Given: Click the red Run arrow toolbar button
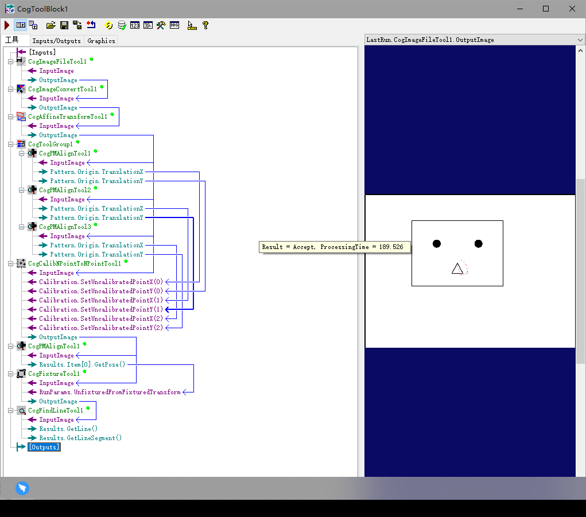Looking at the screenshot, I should click(x=7, y=25).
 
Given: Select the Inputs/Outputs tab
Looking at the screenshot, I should click(x=56, y=41).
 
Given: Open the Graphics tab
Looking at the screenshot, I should click(x=101, y=41).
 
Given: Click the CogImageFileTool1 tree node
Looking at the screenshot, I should click(x=57, y=61).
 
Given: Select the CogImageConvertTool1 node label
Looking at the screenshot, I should click(x=62, y=89).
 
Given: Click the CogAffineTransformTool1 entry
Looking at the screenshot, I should click(x=67, y=116).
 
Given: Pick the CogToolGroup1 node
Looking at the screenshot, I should click(x=51, y=144).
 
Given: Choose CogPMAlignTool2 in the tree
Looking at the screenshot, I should click(x=65, y=190).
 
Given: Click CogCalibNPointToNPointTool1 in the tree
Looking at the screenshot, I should click(x=74, y=263).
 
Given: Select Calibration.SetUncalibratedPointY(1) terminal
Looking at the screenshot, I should click(x=100, y=309).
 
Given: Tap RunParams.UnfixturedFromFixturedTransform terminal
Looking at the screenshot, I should click(x=109, y=392).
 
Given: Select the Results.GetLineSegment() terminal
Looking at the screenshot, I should click(x=80, y=438).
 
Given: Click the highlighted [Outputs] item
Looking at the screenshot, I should click(x=44, y=447).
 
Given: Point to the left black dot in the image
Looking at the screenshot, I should click(x=437, y=244).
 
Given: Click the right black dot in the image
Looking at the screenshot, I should click(x=479, y=244).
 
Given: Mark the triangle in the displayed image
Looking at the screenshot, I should click(x=457, y=269).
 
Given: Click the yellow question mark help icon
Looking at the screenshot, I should click(x=205, y=25).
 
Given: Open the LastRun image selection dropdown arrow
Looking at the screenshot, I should click(x=580, y=40).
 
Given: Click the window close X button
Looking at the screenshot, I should click(x=572, y=9).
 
